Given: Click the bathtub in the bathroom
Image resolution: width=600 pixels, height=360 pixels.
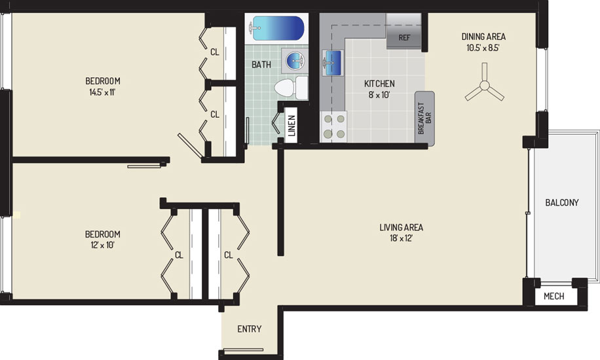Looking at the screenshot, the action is (x=278, y=28).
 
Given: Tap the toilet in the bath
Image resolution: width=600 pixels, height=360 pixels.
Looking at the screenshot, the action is (x=291, y=88).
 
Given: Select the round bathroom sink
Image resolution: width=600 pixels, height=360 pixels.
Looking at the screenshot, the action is (x=295, y=60).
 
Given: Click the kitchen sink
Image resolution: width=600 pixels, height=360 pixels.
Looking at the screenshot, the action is (x=331, y=62).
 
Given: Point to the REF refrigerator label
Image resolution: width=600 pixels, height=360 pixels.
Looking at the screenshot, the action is (x=404, y=37).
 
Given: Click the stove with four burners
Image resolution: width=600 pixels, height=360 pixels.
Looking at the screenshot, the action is (x=334, y=126).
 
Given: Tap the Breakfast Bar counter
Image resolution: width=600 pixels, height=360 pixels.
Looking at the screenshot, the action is (x=424, y=118).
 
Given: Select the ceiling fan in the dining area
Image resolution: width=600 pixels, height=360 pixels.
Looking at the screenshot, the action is (x=485, y=86).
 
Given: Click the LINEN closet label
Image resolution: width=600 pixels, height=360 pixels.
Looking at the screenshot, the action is (x=291, y=126).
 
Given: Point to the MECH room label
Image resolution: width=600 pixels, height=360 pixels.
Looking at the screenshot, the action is (x=553, y=296).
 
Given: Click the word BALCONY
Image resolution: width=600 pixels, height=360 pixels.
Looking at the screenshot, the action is (x=562, y=202).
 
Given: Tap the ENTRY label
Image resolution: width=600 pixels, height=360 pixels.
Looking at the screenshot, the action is (x=250, y=329).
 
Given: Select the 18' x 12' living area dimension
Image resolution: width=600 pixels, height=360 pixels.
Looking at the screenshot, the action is (x=401, y=238).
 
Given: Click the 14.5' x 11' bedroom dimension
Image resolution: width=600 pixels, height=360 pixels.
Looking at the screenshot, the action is (x=102, y=92).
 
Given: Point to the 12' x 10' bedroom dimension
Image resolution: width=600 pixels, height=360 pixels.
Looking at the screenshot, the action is (x=103, y=245).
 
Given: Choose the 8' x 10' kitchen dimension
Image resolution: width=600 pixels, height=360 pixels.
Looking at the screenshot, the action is (x=379, y=94).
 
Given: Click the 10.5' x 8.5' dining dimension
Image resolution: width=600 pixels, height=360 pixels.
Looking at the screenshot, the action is (x=483, y=48).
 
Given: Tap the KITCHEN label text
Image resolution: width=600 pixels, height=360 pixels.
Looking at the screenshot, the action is (x=379, y=83).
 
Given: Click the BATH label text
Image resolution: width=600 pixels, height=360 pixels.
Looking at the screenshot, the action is (x=261, y=65).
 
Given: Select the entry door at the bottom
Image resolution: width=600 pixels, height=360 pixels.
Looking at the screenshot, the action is (x=244, y=350).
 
